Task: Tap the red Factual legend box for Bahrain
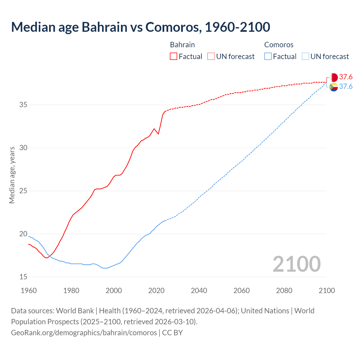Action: pos(174,56)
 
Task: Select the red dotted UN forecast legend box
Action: pos(211,56)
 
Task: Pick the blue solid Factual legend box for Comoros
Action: pos(268,56)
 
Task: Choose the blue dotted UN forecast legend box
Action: pos(305,56)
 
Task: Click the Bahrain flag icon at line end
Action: pos(334,77)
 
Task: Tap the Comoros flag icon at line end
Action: pos(334,87)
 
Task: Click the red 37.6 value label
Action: pos(346,77)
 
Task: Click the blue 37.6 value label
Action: pos(346,86)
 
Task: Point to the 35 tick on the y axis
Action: pos(23,105)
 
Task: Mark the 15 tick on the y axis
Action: pos(23,277)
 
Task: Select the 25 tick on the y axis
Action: pos(23,191)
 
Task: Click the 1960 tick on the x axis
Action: pos(29,291)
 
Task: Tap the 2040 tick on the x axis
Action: pos(199,291)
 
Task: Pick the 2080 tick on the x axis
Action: pos(284,291)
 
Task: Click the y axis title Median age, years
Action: pos(12,175)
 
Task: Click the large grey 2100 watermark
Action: pos(296,264)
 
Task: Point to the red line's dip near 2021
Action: pos(158,134)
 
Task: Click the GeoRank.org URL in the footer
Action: pos(84,332)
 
